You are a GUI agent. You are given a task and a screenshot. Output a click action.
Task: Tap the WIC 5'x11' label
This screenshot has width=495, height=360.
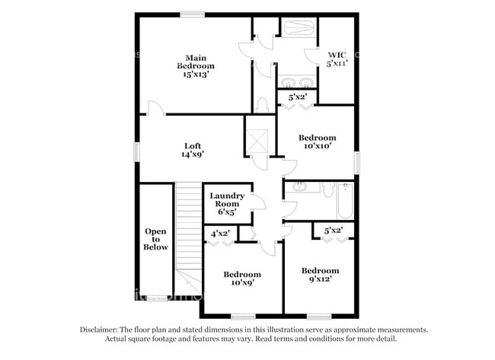(x=337, y=59)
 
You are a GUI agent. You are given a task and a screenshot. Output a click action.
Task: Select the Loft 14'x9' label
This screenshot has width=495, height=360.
(x=192, y=149)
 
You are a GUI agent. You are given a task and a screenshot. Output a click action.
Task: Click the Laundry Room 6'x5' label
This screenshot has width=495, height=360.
(x=228, y=203)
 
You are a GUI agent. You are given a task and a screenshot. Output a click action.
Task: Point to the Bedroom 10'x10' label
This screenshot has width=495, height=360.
(x=315, y=143)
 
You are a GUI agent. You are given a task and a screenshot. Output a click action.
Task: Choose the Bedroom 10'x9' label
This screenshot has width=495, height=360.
(x=242, y=278)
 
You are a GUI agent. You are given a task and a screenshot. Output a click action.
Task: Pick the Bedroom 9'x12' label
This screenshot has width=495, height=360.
(x=320, y=275)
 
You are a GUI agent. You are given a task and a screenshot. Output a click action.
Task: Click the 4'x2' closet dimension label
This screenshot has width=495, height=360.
(x=220, y=233)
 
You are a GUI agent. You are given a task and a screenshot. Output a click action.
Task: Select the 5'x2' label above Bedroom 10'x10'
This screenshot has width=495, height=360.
(x=296, y=97)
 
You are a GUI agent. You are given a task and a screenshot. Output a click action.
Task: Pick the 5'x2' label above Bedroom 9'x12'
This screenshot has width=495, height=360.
(x=334, y=230)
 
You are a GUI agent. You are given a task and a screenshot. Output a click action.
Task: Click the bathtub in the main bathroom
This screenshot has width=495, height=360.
(x=297, y=29)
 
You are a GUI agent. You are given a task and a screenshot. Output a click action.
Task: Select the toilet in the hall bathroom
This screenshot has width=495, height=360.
(x=328, y=188)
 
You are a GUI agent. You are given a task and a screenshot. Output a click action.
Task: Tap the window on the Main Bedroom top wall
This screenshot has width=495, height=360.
(x=193, y=14)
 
